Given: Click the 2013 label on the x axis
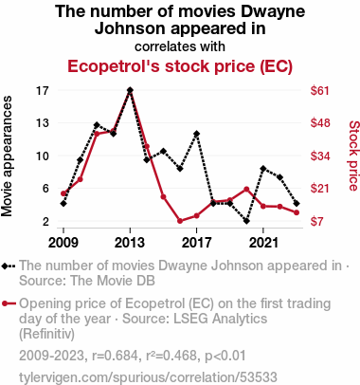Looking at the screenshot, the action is pos(130,243).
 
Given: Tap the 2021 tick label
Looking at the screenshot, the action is pos(263,243).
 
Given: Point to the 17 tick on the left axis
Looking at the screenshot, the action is pos(43,91).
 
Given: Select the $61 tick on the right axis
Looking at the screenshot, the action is pos(319,91).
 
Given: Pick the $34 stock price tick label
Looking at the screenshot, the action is pos(319,156).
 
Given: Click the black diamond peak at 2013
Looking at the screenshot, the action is pos(130,90).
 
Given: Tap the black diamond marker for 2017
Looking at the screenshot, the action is pos(197,134).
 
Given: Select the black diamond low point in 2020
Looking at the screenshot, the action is pos(246,221).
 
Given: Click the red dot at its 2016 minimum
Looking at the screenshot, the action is pos(180,221).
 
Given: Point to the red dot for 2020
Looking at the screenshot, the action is pos(246,190).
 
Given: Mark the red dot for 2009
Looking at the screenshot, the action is pos(63,193).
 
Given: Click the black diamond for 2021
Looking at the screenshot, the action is pos(263,169).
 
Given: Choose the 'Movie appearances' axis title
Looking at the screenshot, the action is pos(7,156).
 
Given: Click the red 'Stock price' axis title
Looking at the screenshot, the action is pos(354,156).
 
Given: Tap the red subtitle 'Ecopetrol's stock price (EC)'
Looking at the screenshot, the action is pos(180,66).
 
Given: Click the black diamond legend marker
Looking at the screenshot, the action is pos(4,266).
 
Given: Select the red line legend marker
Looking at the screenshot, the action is pos(9,303).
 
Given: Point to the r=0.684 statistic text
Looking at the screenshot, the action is pos(115,356).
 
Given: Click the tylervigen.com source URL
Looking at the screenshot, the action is pos(148,377).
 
